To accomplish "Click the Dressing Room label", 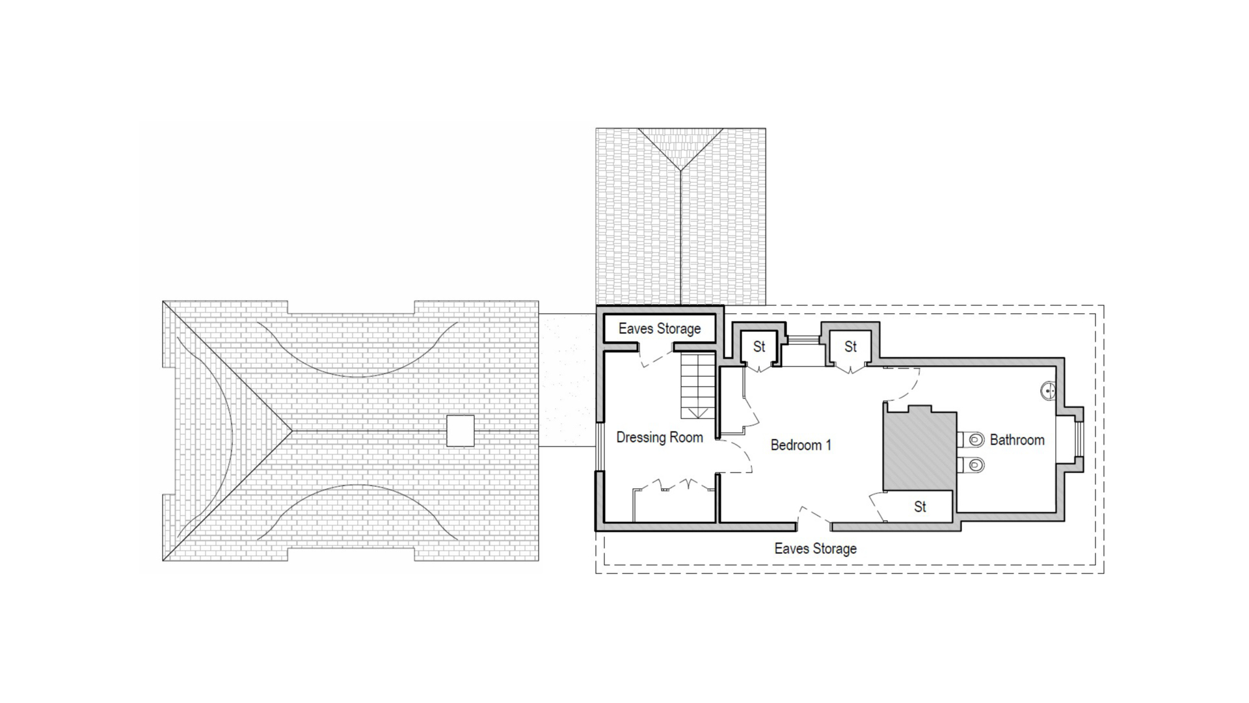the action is [660, 437].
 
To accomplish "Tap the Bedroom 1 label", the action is [801, 445].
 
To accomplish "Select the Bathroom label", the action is [1017, 440].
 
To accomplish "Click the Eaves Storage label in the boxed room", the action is [660, 329].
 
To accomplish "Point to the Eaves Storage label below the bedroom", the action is [815, 549].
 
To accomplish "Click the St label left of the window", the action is [759, 347].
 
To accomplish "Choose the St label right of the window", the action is [851, 347].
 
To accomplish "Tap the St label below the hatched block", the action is [920, 507].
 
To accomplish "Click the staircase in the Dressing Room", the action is [698, 385].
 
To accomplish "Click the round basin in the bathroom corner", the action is [1047, 391].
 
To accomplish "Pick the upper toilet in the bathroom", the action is [972, 440].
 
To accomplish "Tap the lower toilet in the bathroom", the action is [972, 465].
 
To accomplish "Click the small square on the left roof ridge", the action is [460, 431].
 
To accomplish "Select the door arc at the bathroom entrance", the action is [902, 384].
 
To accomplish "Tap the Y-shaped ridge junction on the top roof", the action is [680, 171].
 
